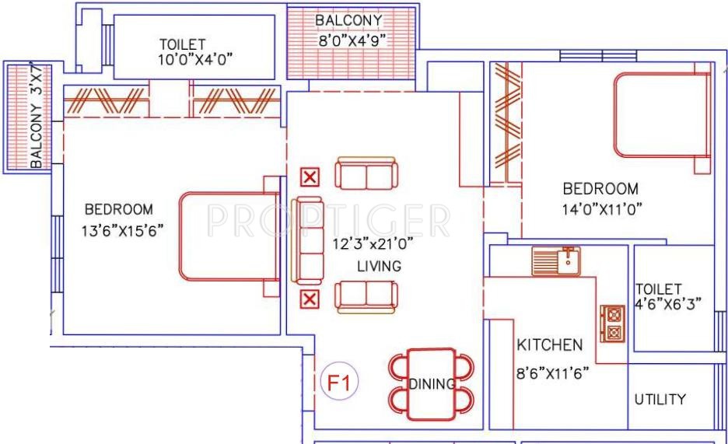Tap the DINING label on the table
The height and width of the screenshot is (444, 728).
[x=432, y=383]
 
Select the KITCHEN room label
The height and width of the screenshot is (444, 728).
[x=549, y=344]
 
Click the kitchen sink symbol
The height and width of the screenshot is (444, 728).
[x=556, y=260]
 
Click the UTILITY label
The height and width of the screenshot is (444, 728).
[x=660, y=400]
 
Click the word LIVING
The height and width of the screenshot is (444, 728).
[x=379, y=266]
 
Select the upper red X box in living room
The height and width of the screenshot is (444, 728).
[x=310, y=177]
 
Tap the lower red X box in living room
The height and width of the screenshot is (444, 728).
[x=310, y=299]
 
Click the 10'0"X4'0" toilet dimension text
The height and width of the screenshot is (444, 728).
[x=196, y=58]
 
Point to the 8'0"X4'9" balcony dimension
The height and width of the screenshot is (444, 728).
[x=352, y=40]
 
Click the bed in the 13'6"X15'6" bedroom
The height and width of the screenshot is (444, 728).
[x=229, y=236]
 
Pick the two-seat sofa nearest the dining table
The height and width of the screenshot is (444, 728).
[x=366, y=297]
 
